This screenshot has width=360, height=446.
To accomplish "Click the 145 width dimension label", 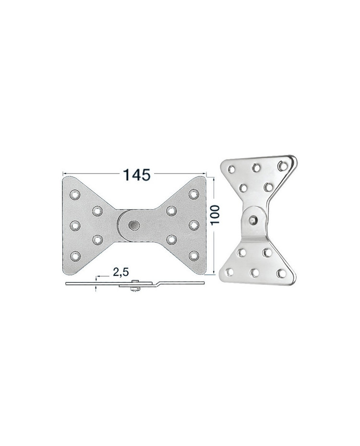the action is pos(137,175).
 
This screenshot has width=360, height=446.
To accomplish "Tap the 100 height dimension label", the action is pos(215,214).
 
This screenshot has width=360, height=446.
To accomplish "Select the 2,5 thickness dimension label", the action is pos(121,272).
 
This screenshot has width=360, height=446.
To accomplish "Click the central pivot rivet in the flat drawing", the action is pos(134,225).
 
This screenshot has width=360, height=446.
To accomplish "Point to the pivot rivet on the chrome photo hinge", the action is pos(252,219).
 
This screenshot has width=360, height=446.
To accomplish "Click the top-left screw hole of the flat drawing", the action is pos(75,195).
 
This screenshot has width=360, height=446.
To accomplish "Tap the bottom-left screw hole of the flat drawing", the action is pos(75,256).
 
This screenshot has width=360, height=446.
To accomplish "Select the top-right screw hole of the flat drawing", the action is pos(193,194).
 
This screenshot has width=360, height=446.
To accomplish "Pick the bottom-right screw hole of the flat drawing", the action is pos(193,256).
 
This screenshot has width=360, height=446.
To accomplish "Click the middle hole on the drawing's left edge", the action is pos(75,225).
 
